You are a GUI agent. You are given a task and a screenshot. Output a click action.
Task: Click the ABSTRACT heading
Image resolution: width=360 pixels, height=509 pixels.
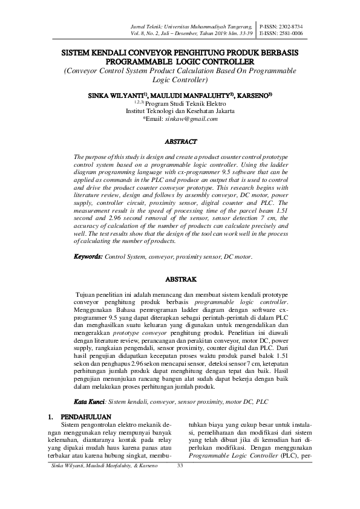tap(180, 142)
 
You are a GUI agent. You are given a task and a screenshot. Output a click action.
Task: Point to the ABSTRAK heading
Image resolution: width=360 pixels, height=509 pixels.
tap(180, 280)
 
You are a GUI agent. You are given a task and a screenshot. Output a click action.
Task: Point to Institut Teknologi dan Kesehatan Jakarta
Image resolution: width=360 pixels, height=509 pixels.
tap(180, 111)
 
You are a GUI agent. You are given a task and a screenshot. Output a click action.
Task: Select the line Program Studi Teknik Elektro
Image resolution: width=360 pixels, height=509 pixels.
tap(180, 103)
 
